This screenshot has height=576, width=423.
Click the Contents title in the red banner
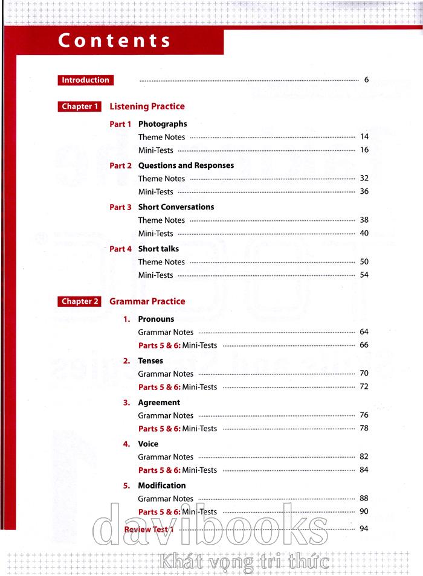coord(114,40)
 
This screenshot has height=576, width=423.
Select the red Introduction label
coord(86,80)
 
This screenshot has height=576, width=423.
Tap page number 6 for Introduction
coord(366,80)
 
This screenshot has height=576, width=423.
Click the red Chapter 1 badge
coord(79,107)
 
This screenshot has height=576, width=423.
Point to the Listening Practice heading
coord(147,106)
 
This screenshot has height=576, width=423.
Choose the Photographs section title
coord(163,124)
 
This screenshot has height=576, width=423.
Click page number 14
coord(364,137)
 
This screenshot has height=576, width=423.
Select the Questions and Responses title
coord(186,165)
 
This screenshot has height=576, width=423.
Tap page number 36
coord(364,192)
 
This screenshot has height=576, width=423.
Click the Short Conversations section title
coord(176,207)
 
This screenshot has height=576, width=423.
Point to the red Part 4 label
coord(120,249)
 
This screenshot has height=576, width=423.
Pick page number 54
coord(364,275)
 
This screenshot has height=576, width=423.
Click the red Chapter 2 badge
coord(79,302)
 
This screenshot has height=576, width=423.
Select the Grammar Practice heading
coord(147,301)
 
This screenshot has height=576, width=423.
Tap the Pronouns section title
coord(156,319)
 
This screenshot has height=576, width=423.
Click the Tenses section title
coord(150,360)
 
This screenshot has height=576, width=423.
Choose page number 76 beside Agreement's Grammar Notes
coord(364,415)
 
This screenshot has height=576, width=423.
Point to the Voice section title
coord(148,444)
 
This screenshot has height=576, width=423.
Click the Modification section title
coord(162,485)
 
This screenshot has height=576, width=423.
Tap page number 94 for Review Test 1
coord(364,529)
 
